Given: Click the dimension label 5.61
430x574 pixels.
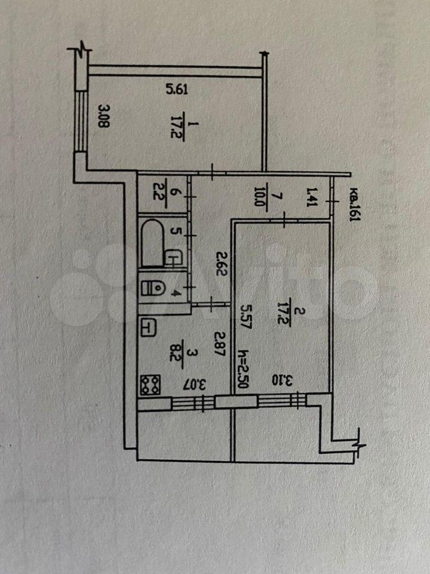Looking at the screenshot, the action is pyautogui.click(x=177, y=89).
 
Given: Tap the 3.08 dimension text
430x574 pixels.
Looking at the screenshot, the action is pyautogui.click(x=104, y=115).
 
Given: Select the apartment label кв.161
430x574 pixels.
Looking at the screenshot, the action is pyautogui.click(x=354, y=204).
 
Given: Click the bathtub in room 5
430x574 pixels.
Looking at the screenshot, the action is pyautogui.click(x=152, y=242).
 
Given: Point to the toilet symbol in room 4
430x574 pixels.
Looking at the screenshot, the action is pyautogui.click(x=152, y=287).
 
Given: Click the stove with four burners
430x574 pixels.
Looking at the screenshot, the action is pyautogui.click(x=150, y=384).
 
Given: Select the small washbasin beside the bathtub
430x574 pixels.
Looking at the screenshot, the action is pyautogui.click(x=173, y=257).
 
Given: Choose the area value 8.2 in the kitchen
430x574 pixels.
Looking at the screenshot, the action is pyautogui.click(x=173, y=355).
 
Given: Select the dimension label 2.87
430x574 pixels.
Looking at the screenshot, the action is pyautogui.click(x=220, y=344).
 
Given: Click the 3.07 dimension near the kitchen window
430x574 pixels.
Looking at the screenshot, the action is pyautogui.click(x=201, y=384).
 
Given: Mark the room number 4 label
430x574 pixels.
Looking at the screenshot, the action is pyautogui.click(x=177, y=293).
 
